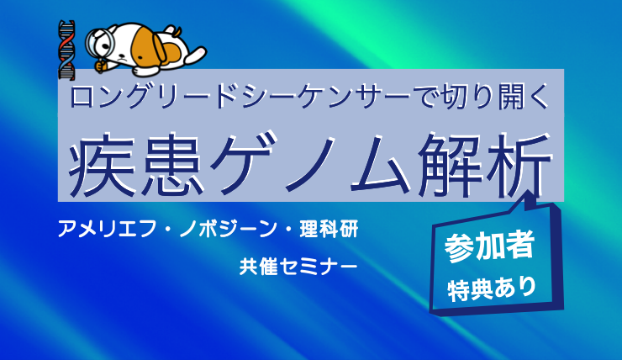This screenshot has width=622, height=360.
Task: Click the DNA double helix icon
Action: point(66,50)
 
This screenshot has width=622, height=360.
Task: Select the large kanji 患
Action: point(171,164)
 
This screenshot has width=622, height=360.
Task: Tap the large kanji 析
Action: point(519,164)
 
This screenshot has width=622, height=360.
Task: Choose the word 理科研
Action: point(329,230)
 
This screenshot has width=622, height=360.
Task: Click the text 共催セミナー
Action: point(298,267)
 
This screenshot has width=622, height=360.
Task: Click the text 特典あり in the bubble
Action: point(492,289)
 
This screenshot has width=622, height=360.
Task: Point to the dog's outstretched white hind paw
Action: point(198,54)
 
